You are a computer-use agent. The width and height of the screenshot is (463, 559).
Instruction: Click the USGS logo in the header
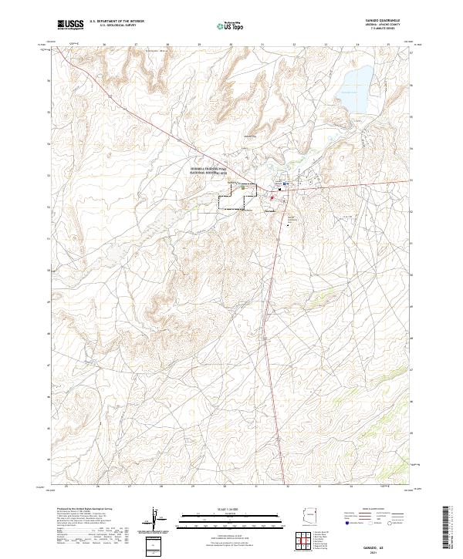[70, 25]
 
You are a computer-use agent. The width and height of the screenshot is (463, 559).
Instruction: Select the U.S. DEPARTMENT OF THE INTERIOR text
[117, 22]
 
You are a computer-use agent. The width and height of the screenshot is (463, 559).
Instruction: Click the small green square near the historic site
[243, 187]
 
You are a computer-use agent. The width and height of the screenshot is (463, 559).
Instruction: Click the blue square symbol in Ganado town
[285, 184]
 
